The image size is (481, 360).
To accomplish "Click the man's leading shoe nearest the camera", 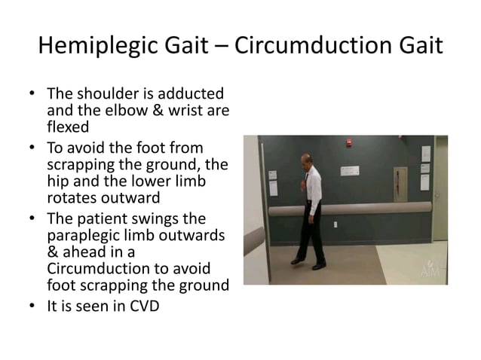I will tap(298, 261).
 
